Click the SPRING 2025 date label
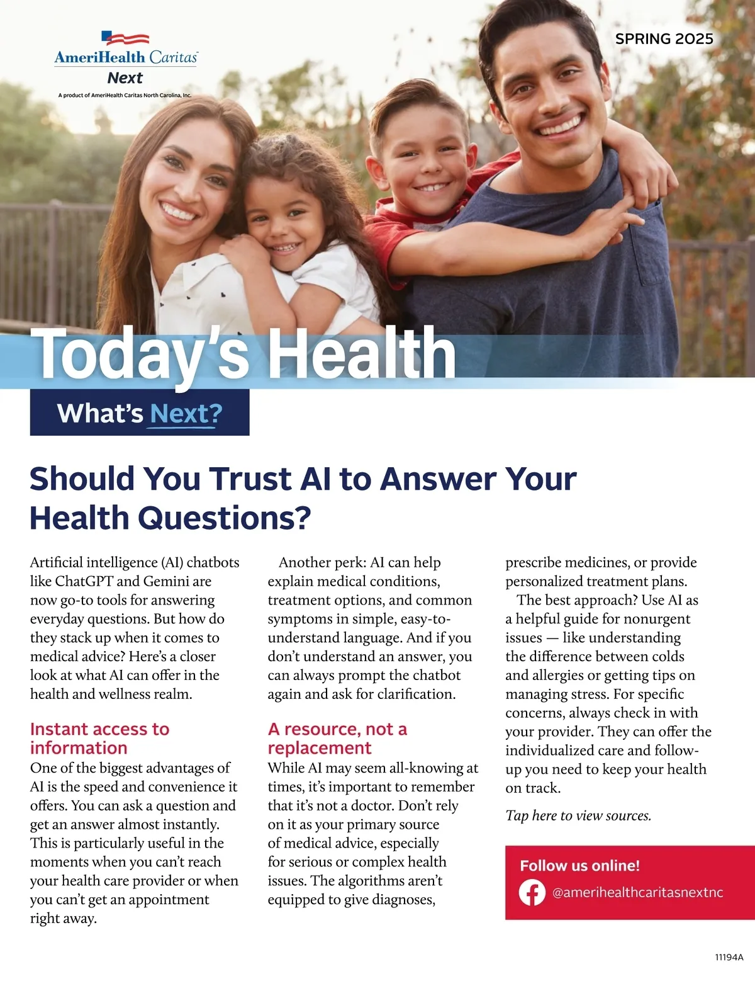point(664,39)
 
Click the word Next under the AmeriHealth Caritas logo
point(125,78)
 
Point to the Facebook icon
point(532,892)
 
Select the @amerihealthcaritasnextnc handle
point(637,892)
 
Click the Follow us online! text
point(579,866)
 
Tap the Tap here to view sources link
point(578,815)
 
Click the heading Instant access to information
point(99,738)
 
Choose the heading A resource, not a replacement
point(337,738)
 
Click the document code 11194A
point(729,957)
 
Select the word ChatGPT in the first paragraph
point(84,581)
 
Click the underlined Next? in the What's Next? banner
point(186,413)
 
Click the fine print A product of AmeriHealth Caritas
point(125,96)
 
